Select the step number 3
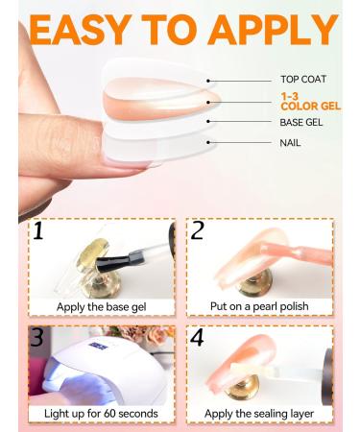point(37,337)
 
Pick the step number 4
point(197,338)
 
